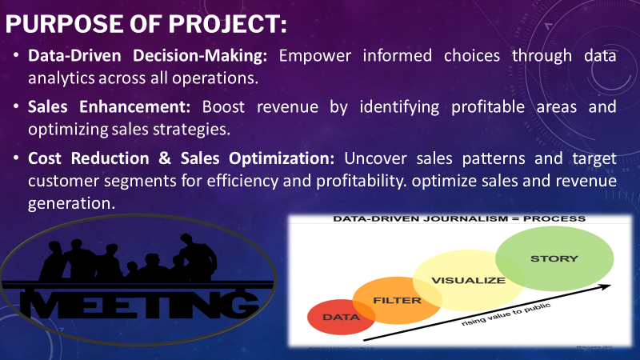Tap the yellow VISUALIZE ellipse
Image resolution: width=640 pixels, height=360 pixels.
coord(467,280)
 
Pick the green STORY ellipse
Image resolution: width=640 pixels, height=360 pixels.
coord(554,258)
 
